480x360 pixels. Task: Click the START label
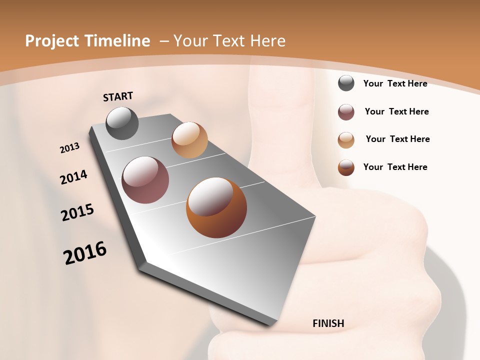point(118,96)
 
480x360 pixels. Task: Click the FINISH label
point(328,323)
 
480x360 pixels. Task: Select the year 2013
point(70,147)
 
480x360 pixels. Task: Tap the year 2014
point(74,177)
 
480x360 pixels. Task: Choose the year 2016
point(85,252)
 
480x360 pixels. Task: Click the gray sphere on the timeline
point(122,123)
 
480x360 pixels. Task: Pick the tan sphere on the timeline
point(189,140)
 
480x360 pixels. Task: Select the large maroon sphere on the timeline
point(145,180)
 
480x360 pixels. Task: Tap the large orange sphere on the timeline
point(216,207)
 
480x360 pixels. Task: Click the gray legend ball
point(346,83)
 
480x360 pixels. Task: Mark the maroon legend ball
point(346,112)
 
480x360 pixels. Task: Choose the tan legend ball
point(346,139)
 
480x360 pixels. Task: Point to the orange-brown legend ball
point(346,167)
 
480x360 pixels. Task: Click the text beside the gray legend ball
point(395,83)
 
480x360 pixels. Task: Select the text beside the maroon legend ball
point(396,111)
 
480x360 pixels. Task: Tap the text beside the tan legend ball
point(397,139)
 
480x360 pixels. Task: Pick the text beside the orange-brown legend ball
point(395,167)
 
